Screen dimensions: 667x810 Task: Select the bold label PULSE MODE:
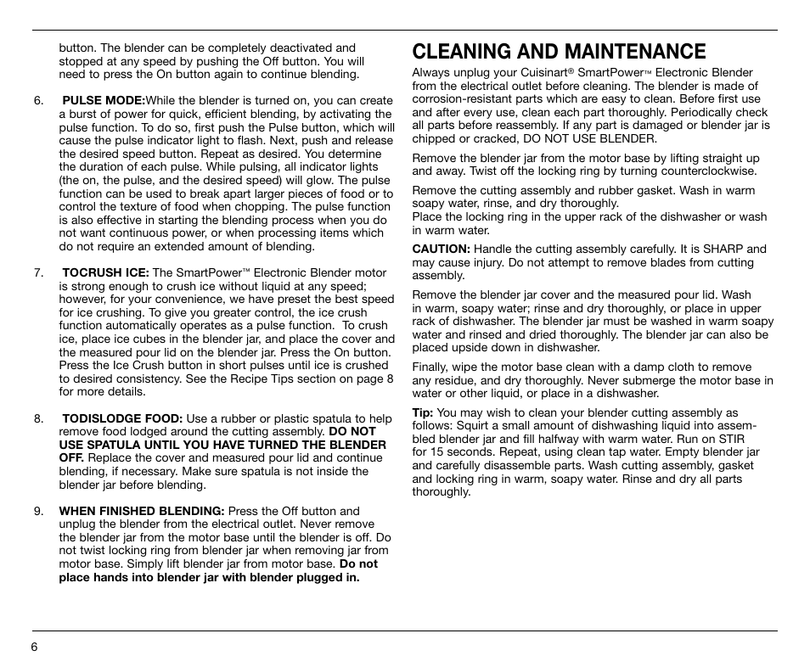click(104, 101)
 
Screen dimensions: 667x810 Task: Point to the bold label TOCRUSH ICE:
click(105, 273)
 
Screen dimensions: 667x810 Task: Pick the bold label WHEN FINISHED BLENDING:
click(141, 512)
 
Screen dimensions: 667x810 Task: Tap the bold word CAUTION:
click(441, 249)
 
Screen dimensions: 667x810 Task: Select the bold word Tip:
click(423, 413)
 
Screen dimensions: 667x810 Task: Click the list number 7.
click(38, 273)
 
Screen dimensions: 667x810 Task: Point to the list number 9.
click(38, 512)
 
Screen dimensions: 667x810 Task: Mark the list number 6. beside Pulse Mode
click(38, 101)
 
